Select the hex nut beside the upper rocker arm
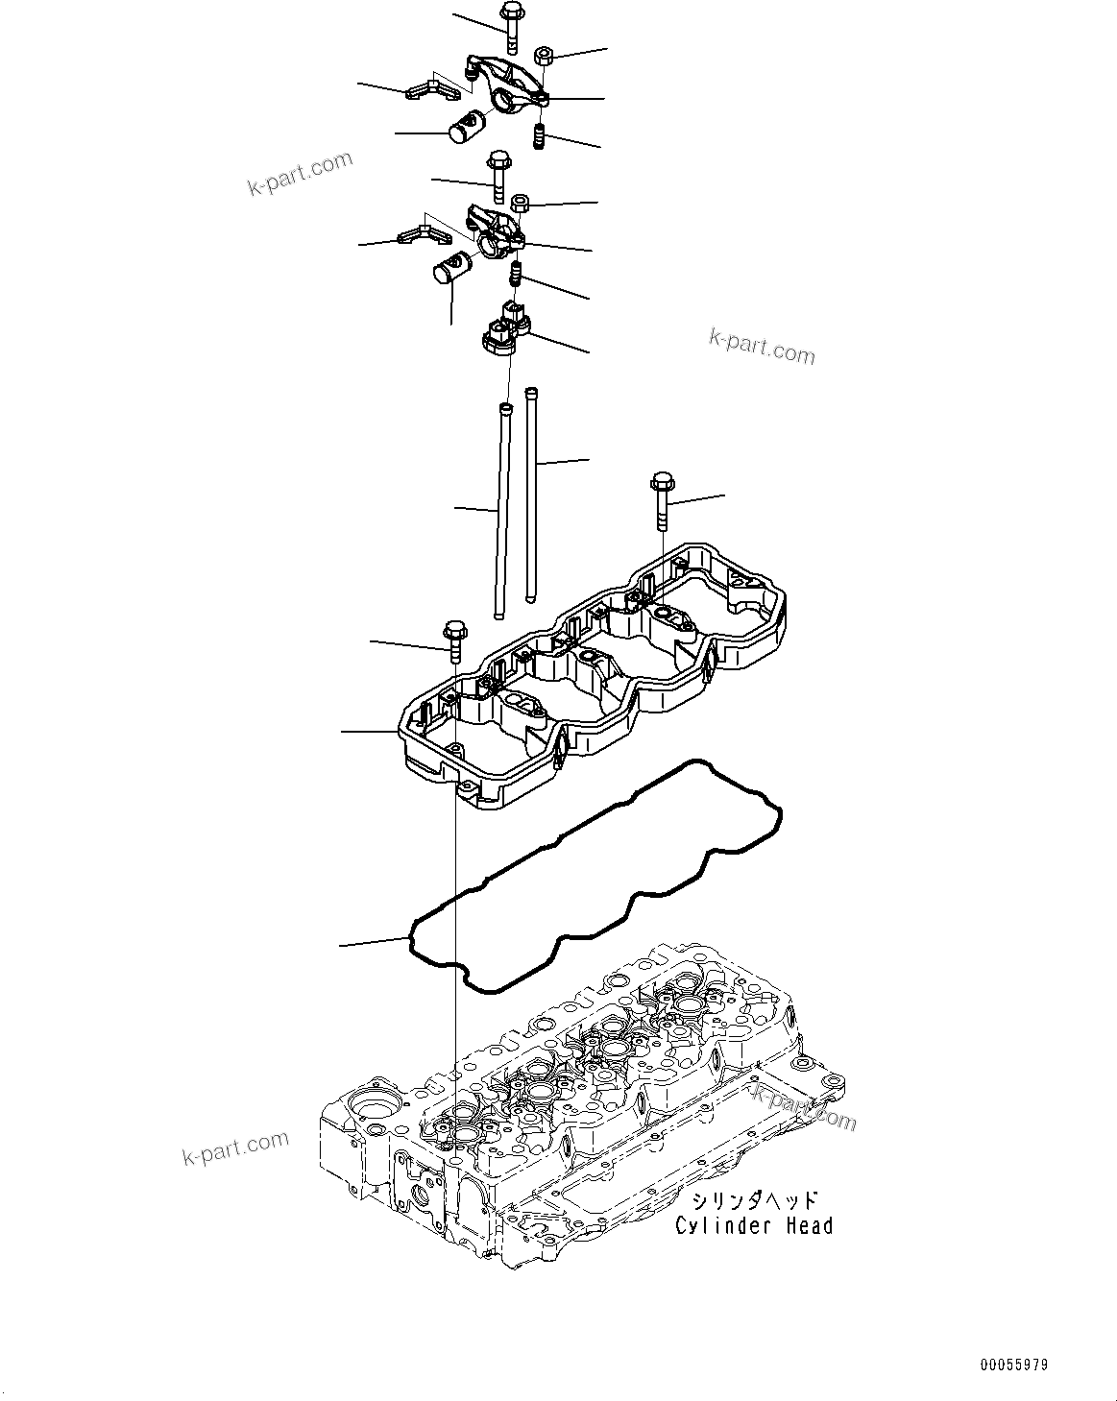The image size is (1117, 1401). (541, 55)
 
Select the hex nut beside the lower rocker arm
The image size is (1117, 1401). (521, 204)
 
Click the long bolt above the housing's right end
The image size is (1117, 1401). (662, 498)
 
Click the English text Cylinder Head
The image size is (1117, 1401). (754, 1225)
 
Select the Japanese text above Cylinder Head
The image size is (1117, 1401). (754, 1200)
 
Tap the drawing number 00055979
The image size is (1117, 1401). (1014, 1365)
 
